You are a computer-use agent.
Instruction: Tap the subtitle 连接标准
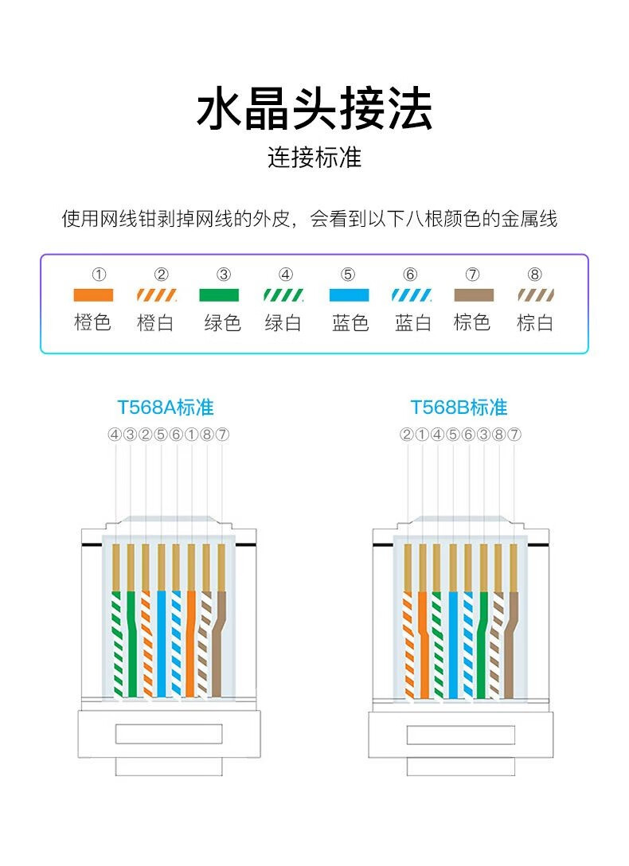(314, 158)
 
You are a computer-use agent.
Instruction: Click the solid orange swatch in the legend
(93, 295)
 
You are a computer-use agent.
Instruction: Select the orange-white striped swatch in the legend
(156, 295)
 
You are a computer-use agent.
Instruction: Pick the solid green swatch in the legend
(219, 295)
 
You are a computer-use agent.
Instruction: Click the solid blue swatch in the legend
(349, 295)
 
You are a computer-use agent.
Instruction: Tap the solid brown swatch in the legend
(473, 295)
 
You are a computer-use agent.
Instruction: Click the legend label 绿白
(283, 323)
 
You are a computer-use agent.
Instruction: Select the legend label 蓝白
(412, 323)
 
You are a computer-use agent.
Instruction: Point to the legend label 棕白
(535, 323)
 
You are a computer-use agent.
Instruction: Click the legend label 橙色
(93, 323)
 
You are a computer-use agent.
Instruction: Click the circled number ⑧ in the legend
(535, 275)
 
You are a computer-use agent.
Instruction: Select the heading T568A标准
(166, 408)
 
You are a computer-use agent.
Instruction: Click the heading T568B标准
(459, 408)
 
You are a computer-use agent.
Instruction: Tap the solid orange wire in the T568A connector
(191, 645)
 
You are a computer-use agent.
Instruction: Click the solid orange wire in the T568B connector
(424, 645)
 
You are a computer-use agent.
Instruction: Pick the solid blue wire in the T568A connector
(161, 645)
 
